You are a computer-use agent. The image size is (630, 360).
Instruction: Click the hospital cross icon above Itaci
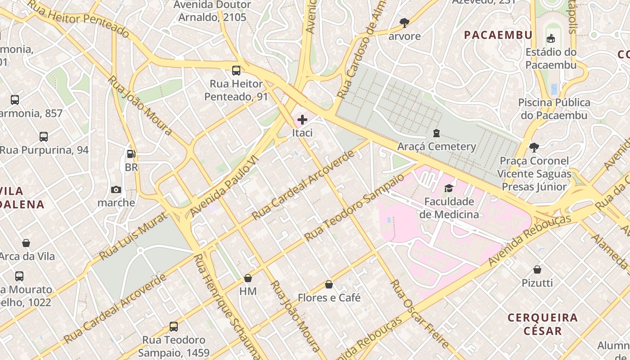point(302,120)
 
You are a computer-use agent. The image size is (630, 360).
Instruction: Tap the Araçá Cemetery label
point(436,146)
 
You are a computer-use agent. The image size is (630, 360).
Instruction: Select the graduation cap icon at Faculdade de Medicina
point(449,188)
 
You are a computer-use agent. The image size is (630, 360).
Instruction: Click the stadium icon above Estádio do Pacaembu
point(550,39)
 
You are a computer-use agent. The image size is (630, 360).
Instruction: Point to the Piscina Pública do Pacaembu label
point(554,109)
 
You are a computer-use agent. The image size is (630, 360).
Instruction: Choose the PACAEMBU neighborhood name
point(498,35)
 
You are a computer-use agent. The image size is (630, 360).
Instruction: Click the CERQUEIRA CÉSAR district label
point(542,324)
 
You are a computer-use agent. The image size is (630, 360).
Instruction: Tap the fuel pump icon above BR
point(131,154)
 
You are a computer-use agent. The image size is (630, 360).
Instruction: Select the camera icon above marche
point(116,189)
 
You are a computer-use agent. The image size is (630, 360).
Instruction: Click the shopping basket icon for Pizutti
point(537,270)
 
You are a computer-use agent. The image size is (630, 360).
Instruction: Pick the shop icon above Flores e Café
point(329,284)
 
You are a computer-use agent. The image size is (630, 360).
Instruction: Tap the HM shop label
point(248,291)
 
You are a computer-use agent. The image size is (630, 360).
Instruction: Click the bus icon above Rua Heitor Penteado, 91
point(236,70)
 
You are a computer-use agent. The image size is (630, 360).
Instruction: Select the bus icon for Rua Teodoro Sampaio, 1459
point(174,326)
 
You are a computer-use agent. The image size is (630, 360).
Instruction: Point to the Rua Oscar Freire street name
point(419,313)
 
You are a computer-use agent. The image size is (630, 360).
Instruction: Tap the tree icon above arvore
point(404,22)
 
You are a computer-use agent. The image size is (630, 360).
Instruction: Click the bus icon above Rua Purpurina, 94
point(44,136)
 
